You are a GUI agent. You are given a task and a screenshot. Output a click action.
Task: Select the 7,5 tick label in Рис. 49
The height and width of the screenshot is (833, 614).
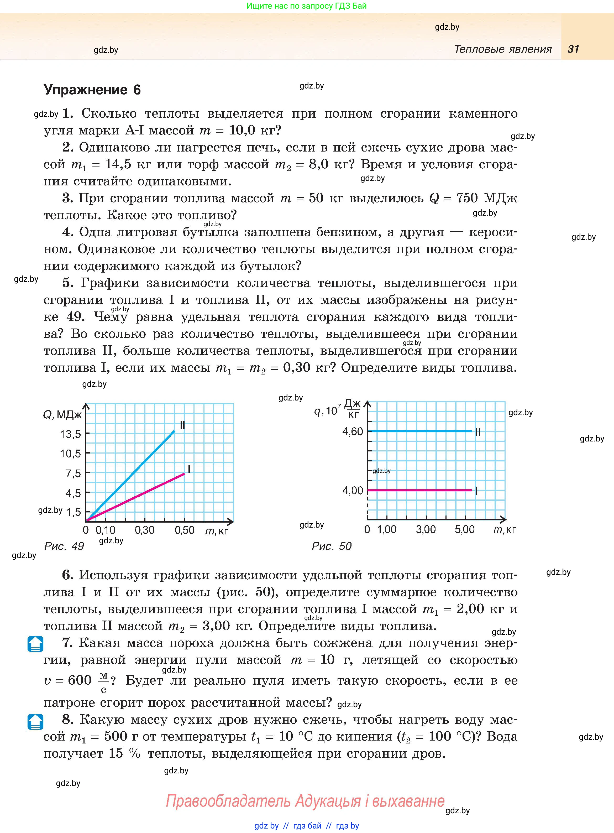coord(73,473)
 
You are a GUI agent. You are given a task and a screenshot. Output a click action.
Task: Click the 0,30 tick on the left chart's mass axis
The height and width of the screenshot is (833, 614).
coord(145,530)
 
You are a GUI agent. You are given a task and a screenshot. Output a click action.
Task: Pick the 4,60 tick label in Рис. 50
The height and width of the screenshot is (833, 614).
coord(352,431)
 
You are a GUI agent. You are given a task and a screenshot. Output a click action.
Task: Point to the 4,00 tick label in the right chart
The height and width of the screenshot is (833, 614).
coord(352,491)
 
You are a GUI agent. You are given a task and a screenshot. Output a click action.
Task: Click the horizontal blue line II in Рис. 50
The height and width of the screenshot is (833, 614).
coord(420,431)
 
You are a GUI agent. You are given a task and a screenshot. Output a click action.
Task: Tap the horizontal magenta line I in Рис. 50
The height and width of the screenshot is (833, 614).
coord(420,490)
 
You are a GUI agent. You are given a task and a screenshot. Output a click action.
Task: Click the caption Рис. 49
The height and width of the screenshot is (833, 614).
coord(64,546)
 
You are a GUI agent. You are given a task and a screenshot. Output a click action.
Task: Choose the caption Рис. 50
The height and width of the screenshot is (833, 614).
coord(332,546)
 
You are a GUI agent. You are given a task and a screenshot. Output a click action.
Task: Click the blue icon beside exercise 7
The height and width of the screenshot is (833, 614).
coord(35,644)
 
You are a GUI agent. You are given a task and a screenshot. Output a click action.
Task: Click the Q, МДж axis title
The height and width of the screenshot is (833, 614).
coord(62,414)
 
